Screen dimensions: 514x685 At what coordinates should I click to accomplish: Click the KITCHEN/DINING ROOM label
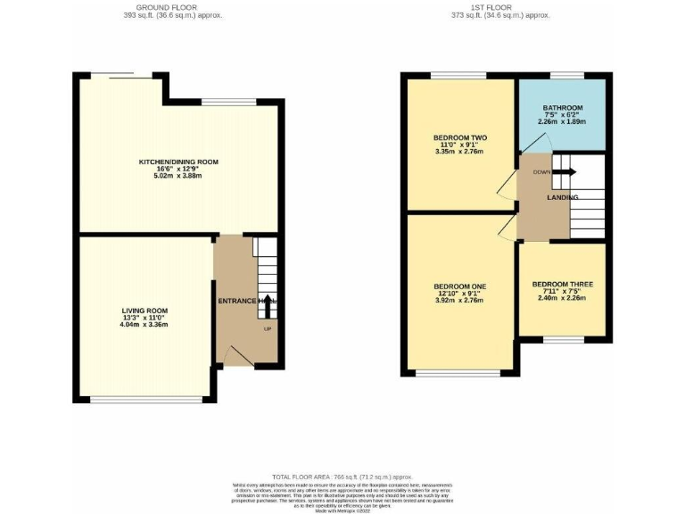(178, 162)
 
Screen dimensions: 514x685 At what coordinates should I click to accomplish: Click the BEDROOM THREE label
(563, 285)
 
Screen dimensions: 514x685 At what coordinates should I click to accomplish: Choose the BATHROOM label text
(563, 108)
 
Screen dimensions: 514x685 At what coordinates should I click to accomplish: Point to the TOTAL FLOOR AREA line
(342, 478)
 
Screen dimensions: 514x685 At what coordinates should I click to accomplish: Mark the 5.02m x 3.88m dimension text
(178, 177)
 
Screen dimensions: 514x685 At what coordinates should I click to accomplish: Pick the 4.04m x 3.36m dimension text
(144, 324)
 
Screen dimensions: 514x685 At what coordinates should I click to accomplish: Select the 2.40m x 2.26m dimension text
(563, 300)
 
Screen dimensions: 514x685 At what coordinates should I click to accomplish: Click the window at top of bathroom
(565, 77)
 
